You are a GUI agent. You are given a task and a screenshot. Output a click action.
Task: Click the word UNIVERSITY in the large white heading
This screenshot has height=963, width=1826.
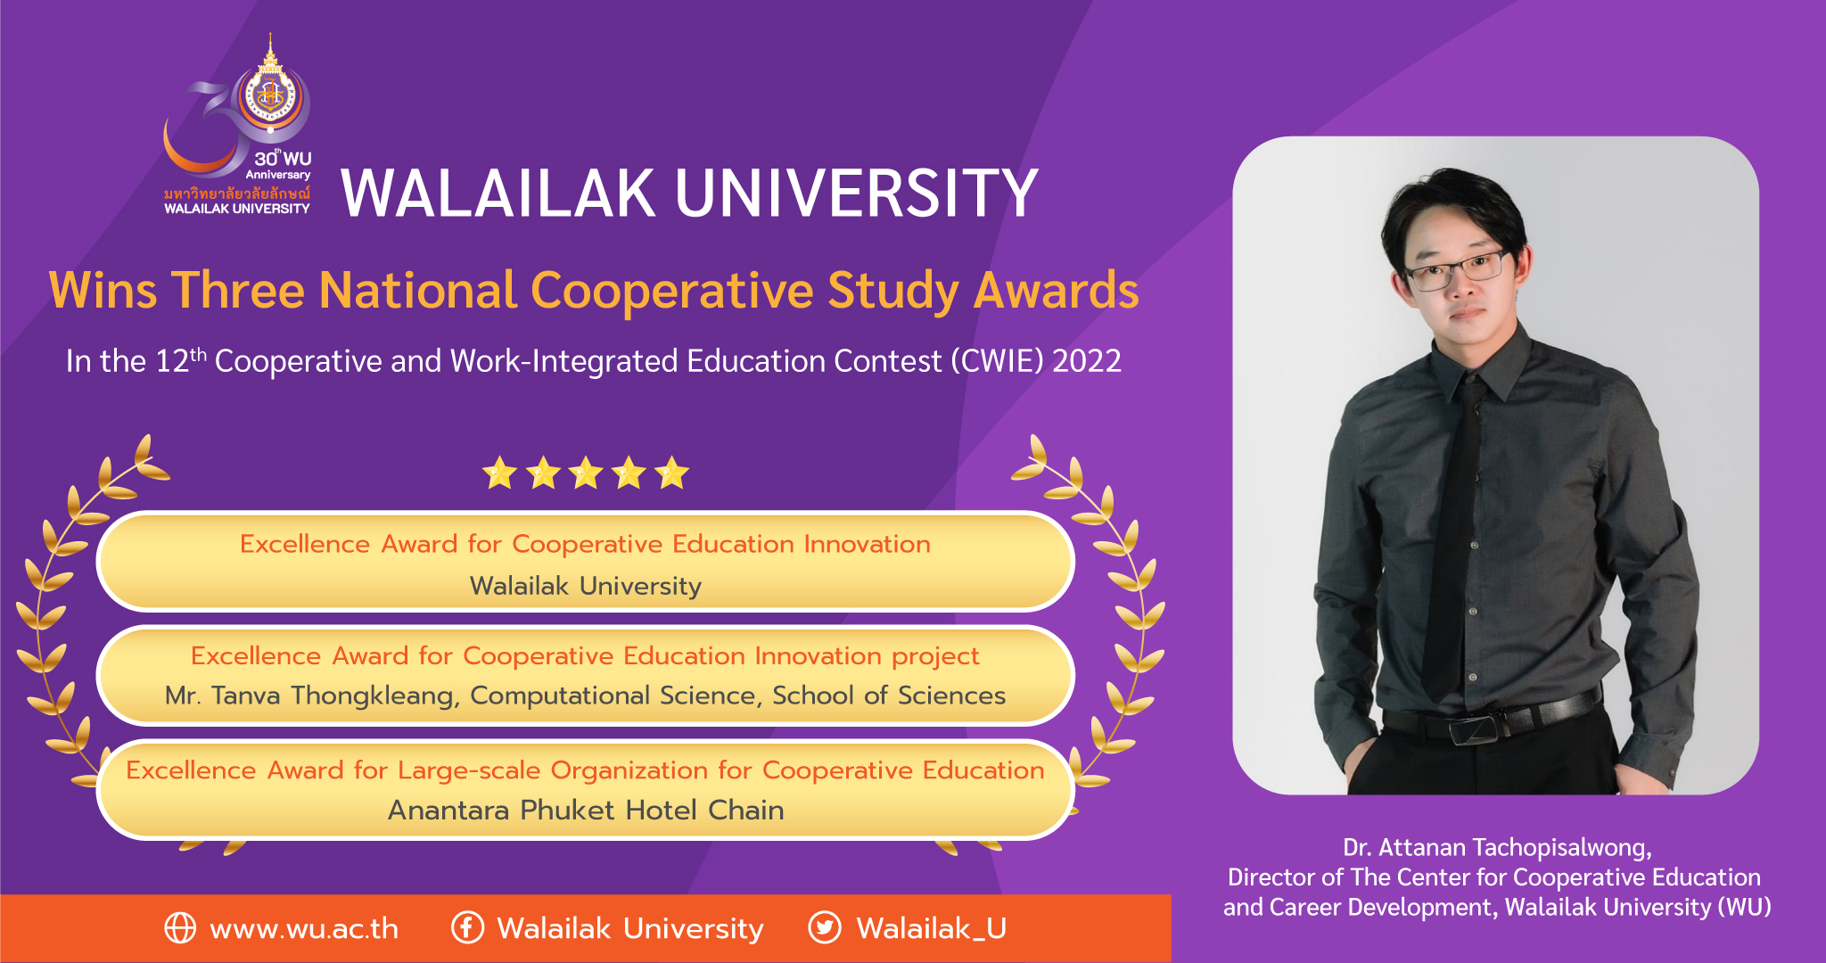[857, 193]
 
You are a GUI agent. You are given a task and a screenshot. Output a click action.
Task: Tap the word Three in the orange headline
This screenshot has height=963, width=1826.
[238, 291]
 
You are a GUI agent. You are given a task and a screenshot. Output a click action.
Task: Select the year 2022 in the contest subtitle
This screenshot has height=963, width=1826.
[1087, 361]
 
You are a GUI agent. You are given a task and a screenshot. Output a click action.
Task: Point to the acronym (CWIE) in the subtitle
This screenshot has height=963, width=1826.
[997, 361]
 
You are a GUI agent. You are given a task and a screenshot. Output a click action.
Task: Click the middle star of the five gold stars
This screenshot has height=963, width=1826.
[586, 473]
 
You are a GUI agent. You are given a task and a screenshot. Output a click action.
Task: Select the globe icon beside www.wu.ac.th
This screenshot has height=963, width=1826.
[180, 928]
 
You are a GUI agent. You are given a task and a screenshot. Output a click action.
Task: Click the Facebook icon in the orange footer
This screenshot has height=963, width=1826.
[467, 928]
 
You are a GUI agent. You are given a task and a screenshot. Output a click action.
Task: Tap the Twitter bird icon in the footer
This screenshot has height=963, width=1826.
[825, 928]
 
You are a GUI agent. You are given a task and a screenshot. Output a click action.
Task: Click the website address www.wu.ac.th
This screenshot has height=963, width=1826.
[304, 929]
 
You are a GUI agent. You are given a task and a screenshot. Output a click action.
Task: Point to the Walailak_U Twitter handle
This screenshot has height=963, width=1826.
[931, 929]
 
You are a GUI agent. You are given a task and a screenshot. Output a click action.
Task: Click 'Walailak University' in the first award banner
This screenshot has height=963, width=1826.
[586, 587]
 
